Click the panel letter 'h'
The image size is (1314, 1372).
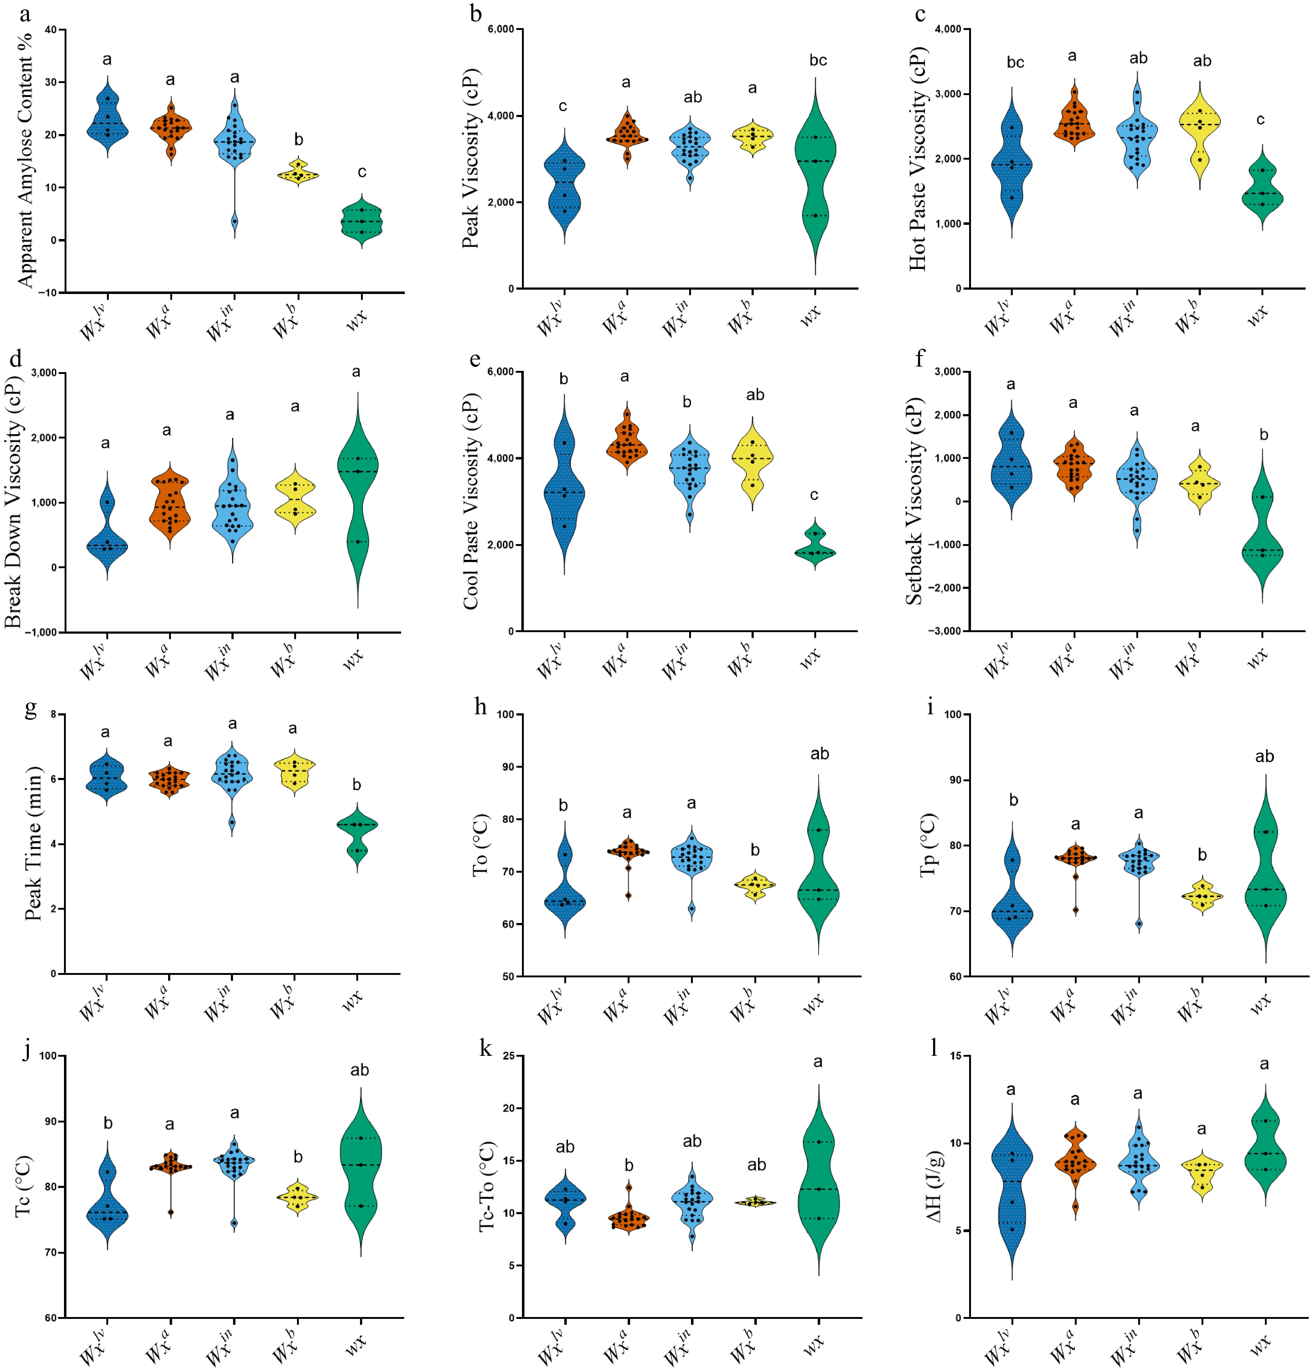pos(481,707)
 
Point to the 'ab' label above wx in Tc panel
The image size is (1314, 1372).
pos(359,1070)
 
